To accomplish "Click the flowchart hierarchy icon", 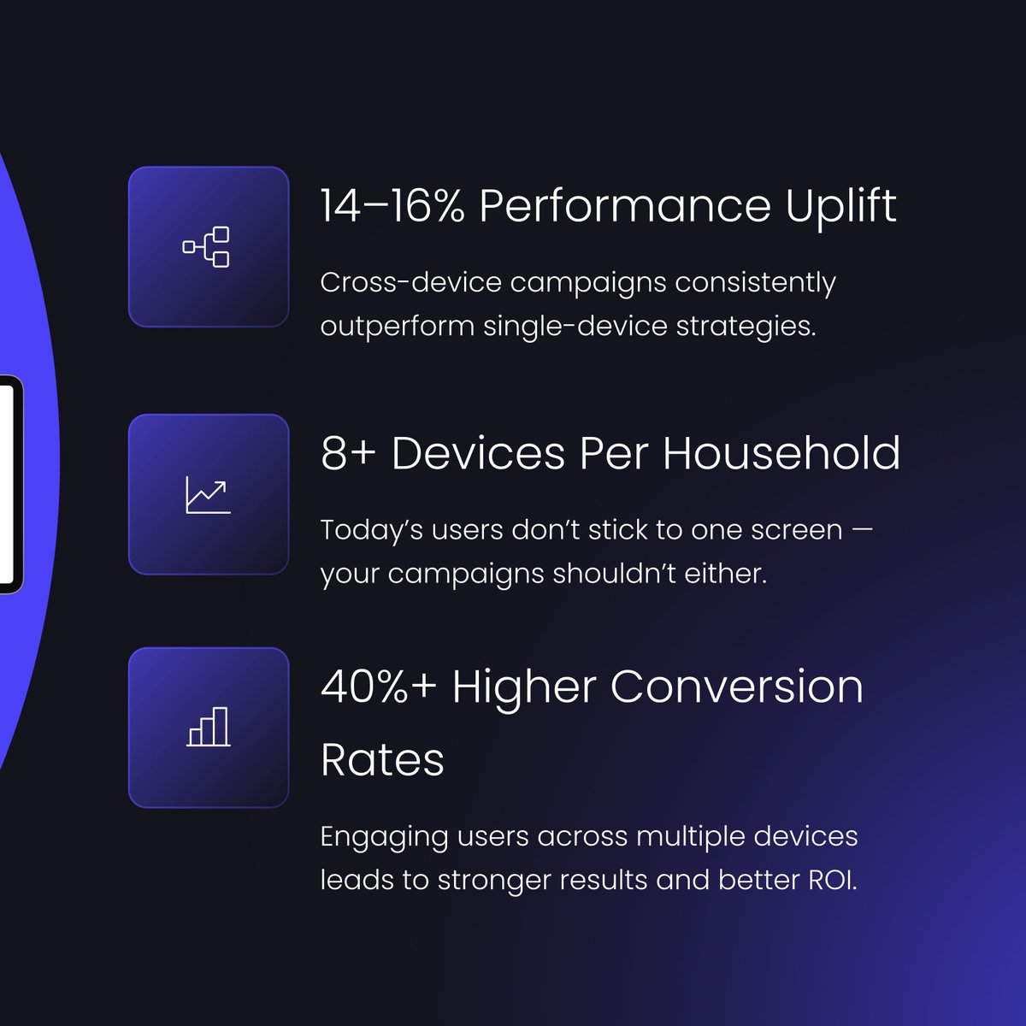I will point(207,247).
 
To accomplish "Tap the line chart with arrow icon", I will point(208,496).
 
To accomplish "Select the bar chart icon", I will point(209,728).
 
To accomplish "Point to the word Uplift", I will point(841,207).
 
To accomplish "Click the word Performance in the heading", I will point(625,207).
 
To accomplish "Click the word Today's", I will point(371,530).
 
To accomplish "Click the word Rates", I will point(382,760).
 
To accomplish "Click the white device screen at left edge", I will point(7,483).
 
